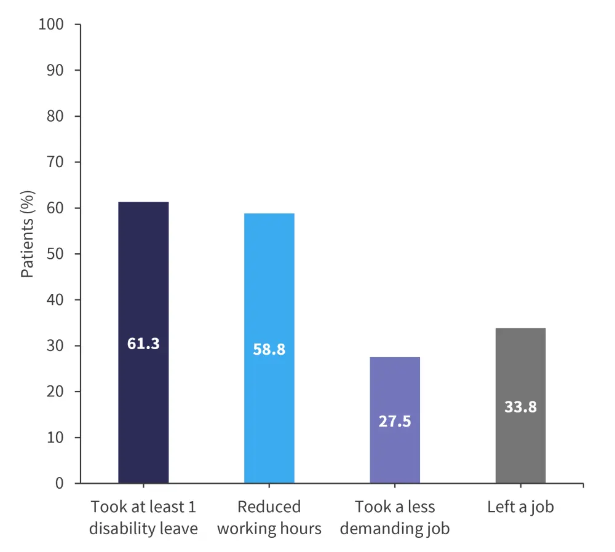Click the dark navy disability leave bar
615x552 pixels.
click(143, 277)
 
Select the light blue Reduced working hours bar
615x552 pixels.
click(269, 283)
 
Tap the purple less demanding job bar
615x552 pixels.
click(395, 381)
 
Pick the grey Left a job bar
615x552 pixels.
click(520, 369)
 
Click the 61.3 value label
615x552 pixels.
click(143, 344)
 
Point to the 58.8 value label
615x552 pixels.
click(269, 349)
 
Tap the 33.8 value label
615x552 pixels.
click(520, 406)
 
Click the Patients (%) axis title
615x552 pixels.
click(28, 234)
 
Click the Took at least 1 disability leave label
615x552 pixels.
click(143, 518)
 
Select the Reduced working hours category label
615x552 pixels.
click(269, 518)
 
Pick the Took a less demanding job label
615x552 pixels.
click(395, 518)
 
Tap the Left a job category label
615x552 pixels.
click(520, 508)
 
